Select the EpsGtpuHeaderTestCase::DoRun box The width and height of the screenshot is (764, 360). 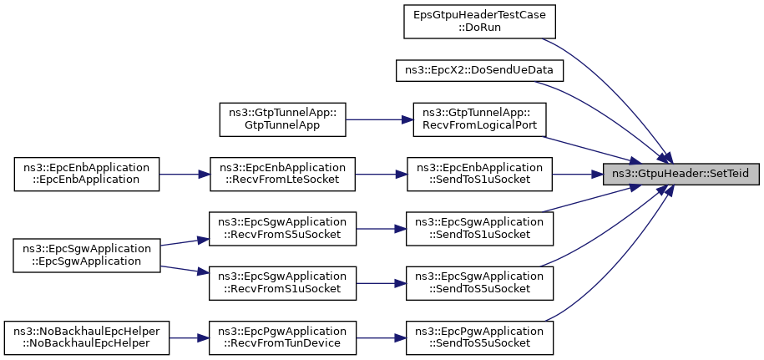479,22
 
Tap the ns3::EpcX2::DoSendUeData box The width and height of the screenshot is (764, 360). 479,71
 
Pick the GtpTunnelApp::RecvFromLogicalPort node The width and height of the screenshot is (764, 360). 479,119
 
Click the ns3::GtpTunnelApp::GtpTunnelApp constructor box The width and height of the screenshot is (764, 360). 282,119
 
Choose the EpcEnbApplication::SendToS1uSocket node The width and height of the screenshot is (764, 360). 479,174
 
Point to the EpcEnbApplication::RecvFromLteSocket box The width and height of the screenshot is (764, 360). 282,174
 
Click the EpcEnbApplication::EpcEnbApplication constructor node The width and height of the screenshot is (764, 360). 87,174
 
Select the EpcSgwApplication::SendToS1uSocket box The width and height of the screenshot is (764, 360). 479,229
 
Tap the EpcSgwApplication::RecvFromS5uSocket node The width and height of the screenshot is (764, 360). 282,229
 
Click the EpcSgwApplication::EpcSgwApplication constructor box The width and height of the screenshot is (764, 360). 87,256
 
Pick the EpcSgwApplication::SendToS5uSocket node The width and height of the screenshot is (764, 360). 479,283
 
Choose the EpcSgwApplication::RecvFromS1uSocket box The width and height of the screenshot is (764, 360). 282,283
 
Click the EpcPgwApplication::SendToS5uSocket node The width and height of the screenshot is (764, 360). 479,337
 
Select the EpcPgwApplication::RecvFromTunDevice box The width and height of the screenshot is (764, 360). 282,337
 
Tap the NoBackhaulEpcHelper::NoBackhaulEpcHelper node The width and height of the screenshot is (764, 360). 87,337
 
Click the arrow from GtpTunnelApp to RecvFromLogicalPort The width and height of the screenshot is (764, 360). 379,119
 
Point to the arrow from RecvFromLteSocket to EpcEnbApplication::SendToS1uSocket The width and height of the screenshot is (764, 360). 381,174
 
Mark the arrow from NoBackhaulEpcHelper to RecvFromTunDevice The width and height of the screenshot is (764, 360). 189,337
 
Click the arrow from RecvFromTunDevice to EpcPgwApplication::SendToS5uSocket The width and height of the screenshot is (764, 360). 381,337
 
